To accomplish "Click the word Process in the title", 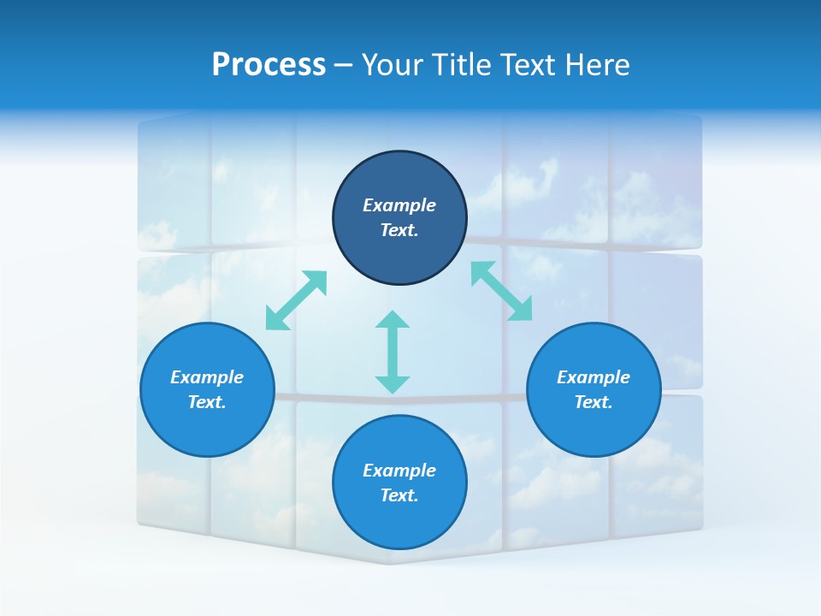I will (x=269, y=65).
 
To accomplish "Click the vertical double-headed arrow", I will (x=393, y=352).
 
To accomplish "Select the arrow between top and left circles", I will (x=297, y=300).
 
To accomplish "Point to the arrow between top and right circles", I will (x=501, y=291).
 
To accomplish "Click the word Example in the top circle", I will (x=399, y=205).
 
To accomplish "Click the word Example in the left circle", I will (x=207, y=377).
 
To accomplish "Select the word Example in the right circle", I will (x=594, y=377).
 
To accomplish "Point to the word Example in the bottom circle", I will (x=399, y=471).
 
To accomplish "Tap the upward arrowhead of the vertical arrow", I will (x=393, y=320).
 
